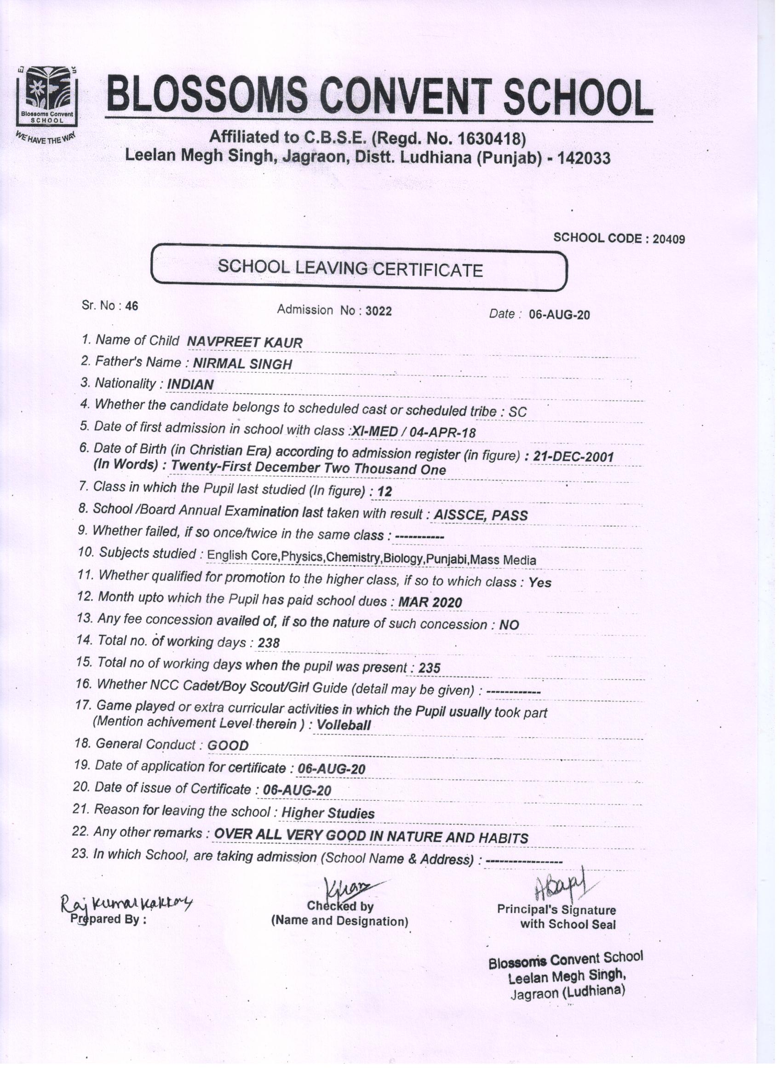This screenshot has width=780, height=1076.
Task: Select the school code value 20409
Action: pyautogui.click(x=669, y=239)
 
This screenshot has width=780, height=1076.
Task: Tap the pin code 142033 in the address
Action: pyautogui.click(x=584, y=158)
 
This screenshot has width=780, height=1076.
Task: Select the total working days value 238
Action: pyautogui.click(x=269, y=643)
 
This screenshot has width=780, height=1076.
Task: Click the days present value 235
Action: pyautogui.click(x=430, y=668)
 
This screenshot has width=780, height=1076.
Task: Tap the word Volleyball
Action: pyautogui.click(x=344, y=725)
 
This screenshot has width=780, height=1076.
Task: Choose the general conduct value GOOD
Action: pyautogui.click(x=228, y=745)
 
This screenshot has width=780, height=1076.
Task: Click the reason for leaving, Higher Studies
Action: pyautogui.click(x=328, y=814)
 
